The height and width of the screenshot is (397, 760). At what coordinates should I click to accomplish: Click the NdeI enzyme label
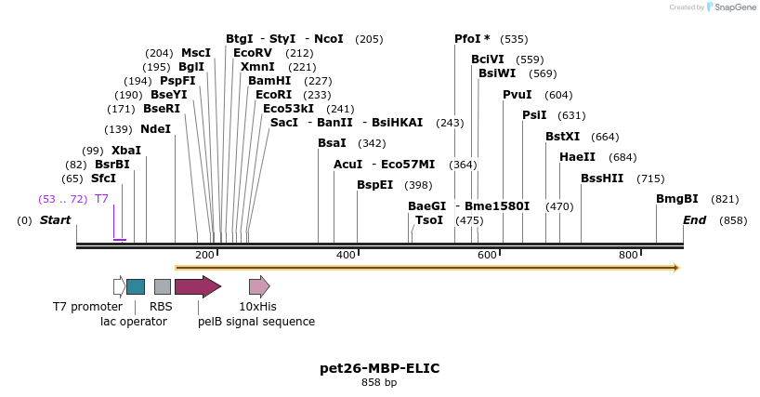[155, 129]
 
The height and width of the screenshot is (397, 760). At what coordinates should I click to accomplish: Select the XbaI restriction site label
[125, 151]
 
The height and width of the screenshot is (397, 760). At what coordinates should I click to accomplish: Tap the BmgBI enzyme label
[676, 199]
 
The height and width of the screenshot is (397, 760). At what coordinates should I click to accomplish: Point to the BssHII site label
[602, 179]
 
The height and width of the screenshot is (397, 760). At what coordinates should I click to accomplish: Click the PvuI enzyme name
[517, 95]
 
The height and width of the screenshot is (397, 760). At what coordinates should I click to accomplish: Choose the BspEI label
[374, 185]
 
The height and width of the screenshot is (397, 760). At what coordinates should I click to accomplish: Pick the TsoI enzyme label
[429, 220]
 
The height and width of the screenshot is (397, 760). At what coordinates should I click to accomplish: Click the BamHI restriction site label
[269, 81]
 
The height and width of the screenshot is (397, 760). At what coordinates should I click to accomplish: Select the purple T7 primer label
[101, 199]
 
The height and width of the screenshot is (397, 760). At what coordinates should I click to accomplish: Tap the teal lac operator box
[136, 286]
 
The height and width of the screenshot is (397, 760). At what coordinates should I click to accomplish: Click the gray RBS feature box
[163, 286]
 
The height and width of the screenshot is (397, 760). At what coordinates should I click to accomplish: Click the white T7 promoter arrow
[119, 286]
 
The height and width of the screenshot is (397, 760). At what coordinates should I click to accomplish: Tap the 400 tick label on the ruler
[346, 255]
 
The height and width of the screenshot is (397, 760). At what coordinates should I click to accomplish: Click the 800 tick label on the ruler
[628, 255]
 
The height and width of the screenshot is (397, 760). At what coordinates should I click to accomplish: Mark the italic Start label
[55, 220]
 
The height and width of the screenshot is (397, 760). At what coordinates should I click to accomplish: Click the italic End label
[694, 220]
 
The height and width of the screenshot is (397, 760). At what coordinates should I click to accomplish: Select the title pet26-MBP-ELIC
[379, 368]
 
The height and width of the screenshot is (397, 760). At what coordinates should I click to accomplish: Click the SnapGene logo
[733, 7]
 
